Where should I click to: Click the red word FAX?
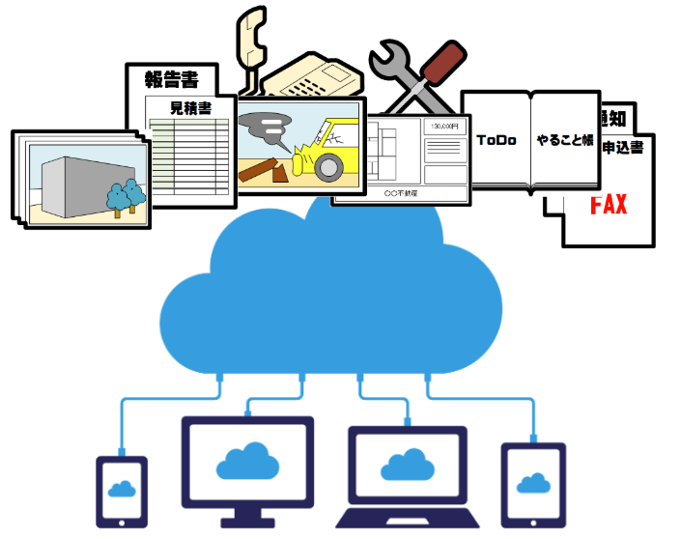(609, 205)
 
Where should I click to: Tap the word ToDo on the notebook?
(497, 140)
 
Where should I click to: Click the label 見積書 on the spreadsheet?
(189, 106)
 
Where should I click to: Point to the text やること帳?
(565, 140)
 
